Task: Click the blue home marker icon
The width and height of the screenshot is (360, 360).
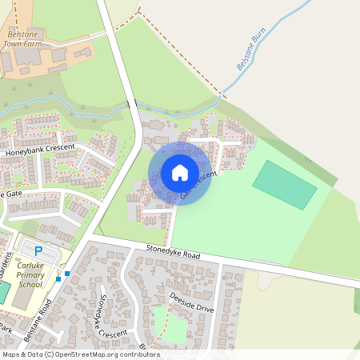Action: [180, 172]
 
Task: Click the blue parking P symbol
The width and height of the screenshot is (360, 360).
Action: [38, 251]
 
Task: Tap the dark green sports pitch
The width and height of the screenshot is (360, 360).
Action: [285, 185]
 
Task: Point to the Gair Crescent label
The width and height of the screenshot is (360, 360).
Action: [199, 185]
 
